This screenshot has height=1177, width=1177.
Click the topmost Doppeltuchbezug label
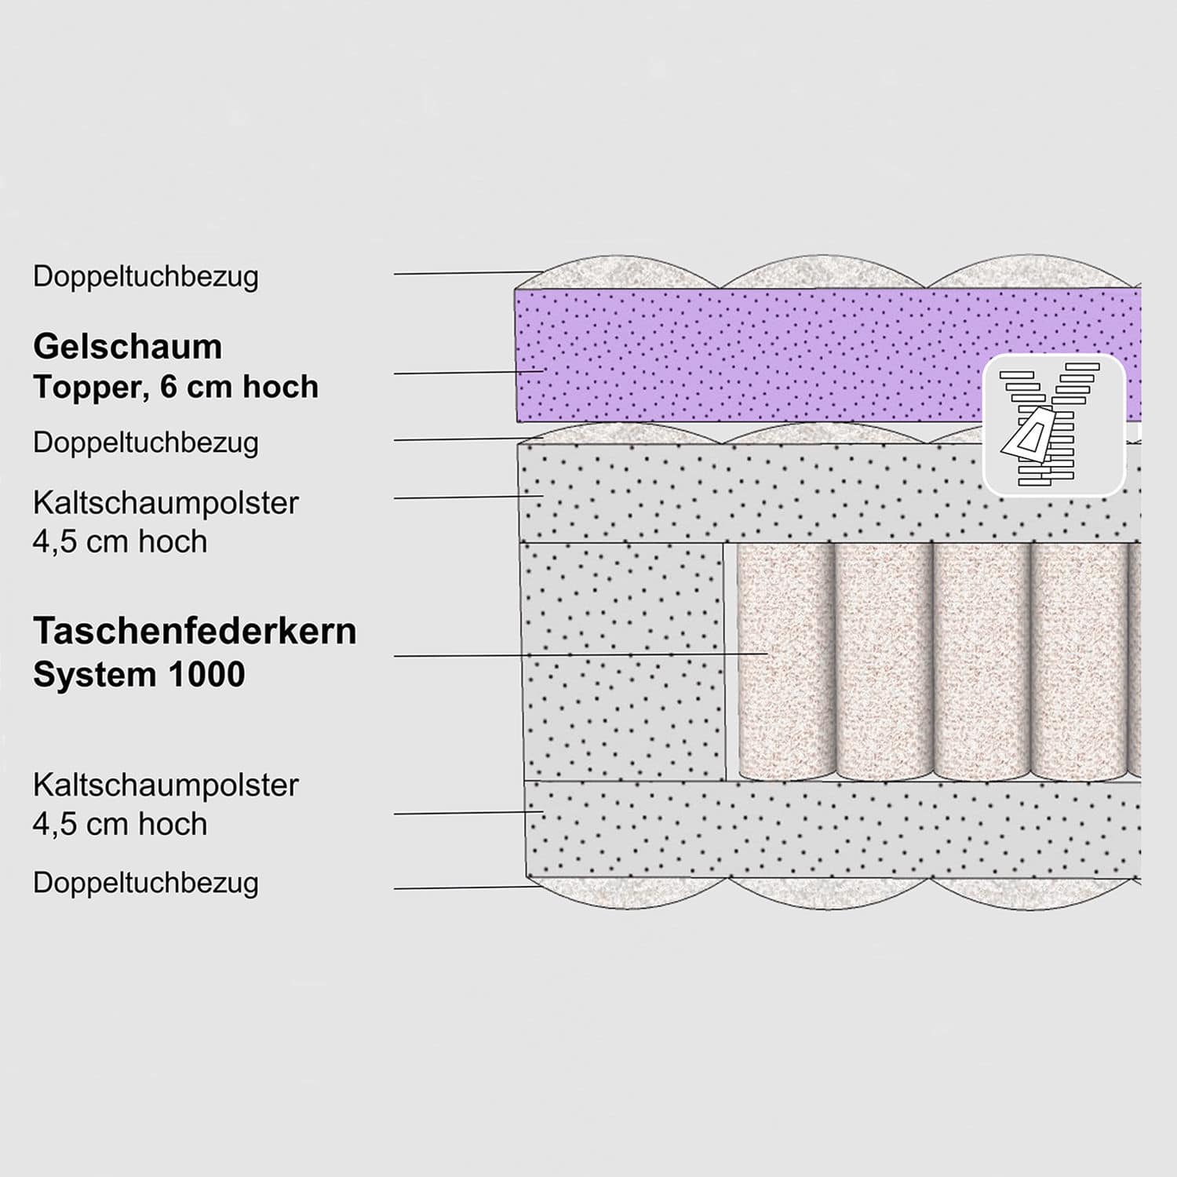(x=146, y=277)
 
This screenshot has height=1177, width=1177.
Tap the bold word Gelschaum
(x=128, y=347)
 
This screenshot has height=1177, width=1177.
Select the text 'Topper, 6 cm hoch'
(x=176, y=387)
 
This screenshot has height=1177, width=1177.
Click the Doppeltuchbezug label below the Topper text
(x=146, y=443)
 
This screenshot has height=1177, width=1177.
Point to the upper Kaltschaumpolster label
(x=166, y=503)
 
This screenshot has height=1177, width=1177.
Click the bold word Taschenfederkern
(x=195, y=631)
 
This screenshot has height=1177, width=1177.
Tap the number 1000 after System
(x=210, y=675)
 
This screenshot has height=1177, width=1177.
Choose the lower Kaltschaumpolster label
(x=166, y=785)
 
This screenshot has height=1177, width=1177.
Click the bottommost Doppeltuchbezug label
(x=146, y=884)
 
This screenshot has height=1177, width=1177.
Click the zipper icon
(x=1054, y=425)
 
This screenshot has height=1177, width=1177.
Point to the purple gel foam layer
(x=828, y=355)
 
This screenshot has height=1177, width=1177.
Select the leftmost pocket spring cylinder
(x=786, y=661)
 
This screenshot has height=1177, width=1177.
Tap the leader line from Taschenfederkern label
(x=581, y=654)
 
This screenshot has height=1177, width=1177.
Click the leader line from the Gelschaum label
(x=468, y=372)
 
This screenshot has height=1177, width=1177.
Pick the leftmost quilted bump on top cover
(x=617, y=271)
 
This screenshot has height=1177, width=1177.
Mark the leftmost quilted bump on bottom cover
(x=628, y=893)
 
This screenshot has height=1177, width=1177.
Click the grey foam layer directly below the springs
(x=833, y=829)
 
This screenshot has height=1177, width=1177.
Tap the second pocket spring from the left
(x=884, y=661)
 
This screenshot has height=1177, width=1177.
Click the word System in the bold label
(x=99, y=675)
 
